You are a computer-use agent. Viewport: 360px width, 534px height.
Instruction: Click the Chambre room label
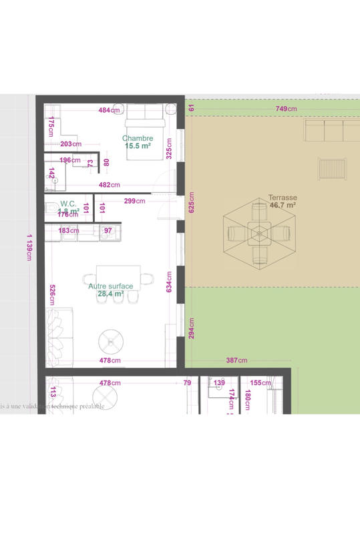(138, 138)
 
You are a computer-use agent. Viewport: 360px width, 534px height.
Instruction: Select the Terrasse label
(282, 198)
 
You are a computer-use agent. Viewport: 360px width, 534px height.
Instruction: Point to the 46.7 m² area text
(282, 206)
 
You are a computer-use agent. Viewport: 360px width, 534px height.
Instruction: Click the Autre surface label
(110, 286)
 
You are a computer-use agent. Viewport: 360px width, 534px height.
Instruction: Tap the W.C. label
(67, 204)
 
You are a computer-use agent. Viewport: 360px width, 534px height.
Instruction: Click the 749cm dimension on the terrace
(286, 108)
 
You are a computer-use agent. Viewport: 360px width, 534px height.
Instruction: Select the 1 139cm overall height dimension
(29, 247)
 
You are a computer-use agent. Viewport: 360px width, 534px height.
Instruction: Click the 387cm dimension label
(236, 360)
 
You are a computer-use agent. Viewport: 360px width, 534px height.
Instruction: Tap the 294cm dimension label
(191, 328)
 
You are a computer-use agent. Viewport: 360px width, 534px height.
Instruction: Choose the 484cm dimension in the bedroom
(109, 110)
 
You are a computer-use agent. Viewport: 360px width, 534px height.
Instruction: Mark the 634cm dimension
(170, 282)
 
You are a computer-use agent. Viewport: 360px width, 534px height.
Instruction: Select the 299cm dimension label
(135, 200)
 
